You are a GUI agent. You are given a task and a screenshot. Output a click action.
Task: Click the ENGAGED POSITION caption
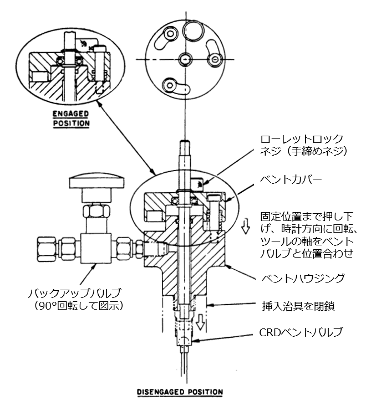pyautogui.click(x=71, y=119)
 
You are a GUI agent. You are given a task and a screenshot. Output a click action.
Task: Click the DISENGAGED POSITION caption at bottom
pyautogui.click(x=180, y=392)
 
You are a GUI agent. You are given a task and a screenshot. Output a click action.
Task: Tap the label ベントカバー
pyautogui.click(x=291, y=180)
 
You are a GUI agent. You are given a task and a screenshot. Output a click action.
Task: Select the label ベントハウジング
pyautogui.click(x=303, y=278)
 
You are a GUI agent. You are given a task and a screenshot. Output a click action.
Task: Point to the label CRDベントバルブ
pyautogui.click(x=301, y=332)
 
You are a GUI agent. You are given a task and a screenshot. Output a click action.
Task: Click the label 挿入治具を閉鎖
pyautogui.click(x=298, y=306)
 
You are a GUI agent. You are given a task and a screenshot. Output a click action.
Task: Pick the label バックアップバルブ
pyautogui.click(x=74, y=293)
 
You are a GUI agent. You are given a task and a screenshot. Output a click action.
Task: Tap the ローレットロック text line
pyautogui.click(x=302, y=139)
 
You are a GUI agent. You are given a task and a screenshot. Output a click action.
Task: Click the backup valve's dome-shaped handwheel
pyautogui.click(x=96, y=181)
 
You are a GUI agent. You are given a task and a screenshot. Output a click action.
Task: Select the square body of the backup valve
pyautogui.click(x=96, y=248)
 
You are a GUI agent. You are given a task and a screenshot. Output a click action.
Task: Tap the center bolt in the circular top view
pyautogui.click(x=185, y=59)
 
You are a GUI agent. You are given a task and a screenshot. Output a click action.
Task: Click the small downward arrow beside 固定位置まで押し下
pyautogui.click(x=246, y=226)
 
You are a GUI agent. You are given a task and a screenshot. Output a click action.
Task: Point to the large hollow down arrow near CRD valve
pyautogui.click(x=201, y=322)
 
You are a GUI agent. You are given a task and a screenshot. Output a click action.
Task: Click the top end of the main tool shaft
pyautogui.click(x=185, y=141)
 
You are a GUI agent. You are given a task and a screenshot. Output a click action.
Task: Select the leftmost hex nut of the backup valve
pyautogui.click(x=47, y=249)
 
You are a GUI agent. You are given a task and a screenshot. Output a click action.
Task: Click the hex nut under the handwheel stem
pyautogui.click(x=96, y=210)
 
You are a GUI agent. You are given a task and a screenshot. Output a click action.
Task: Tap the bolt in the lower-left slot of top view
pyautogui.click(x=170, y=85)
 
